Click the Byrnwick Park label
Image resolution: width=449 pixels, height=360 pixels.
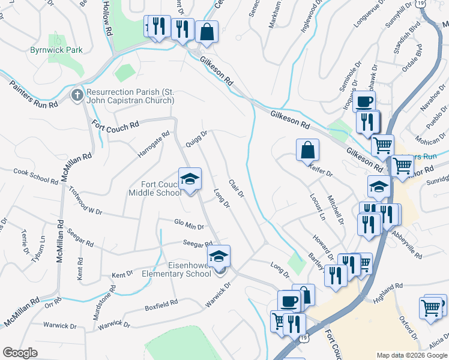(x=56, y=50)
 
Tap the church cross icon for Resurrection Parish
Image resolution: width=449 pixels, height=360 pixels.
(x=77, y=95)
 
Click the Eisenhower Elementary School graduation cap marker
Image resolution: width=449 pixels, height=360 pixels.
(x=220, y=256)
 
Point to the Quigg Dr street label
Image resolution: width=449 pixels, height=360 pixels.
(x=197, y=139)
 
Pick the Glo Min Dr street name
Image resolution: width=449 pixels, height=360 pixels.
(x=189, y=226)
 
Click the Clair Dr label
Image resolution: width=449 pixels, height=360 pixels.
(x=236, y=188)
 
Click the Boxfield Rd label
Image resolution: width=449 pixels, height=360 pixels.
(x=161, y=305)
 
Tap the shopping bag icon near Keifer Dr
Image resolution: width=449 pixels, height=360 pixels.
(x=307, y=149)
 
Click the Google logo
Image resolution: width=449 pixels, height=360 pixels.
(x=20, y=353)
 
